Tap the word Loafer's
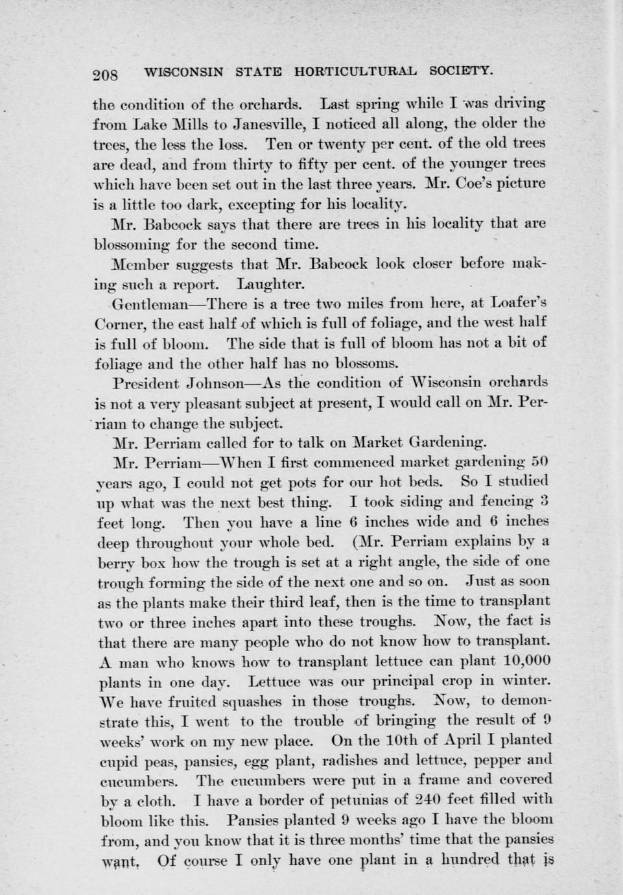tap(519, 302)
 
